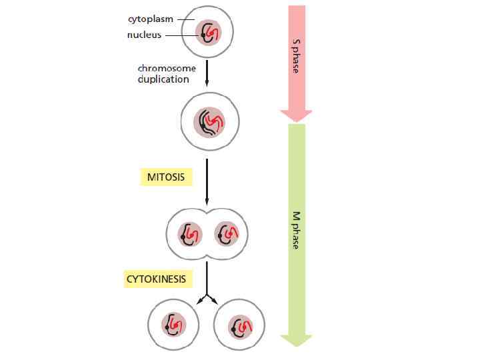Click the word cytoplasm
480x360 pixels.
150,19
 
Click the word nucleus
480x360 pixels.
144,35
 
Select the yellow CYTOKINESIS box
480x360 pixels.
155,278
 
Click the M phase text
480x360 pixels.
296,230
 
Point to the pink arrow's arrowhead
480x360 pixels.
296,114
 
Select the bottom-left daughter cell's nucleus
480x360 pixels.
173,325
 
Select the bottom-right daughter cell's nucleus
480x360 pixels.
239,325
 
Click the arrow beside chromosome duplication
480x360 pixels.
207,72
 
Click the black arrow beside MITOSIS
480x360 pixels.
207,180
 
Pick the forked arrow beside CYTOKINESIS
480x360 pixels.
207,283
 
